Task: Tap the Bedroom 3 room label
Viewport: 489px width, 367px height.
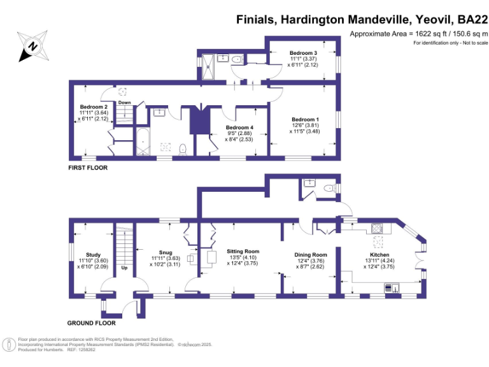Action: point(303,52)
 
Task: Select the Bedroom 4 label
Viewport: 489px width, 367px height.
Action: point(239,127)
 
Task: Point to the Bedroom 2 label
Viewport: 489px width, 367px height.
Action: point(94,106)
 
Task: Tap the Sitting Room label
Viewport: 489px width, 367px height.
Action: point(243,252)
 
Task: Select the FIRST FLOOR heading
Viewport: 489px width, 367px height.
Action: point(89,168)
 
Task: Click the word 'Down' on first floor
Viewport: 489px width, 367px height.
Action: point(124,103)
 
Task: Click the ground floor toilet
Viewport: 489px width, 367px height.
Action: point(328,188)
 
